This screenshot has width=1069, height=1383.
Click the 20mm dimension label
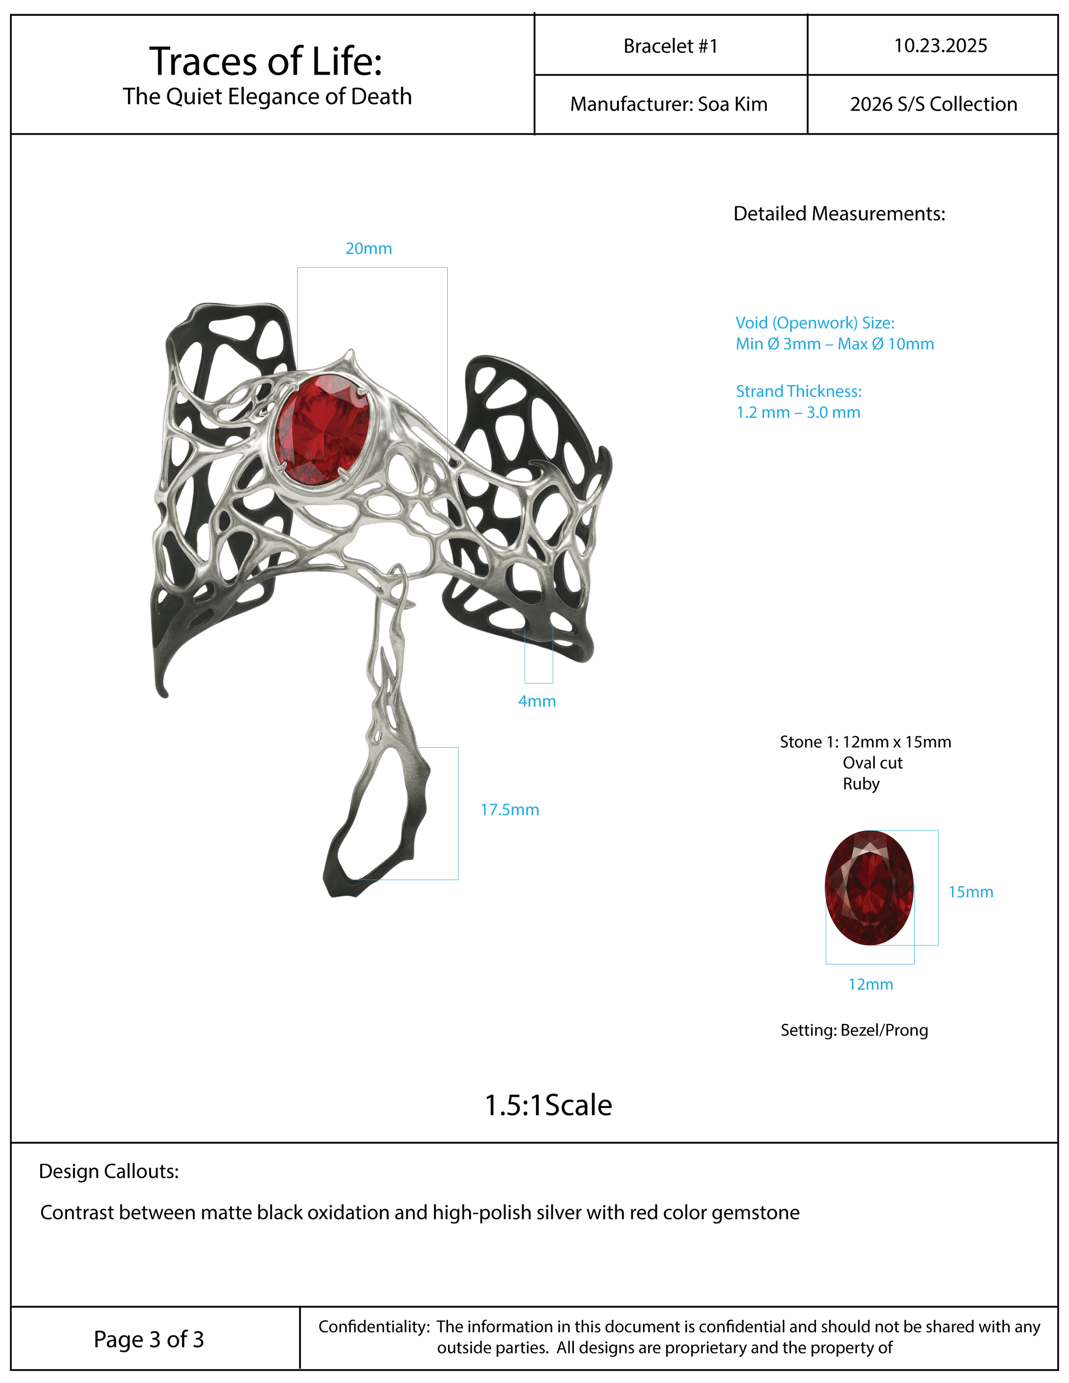[x=369, y=249]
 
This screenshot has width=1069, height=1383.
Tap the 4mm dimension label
[x=537, y=702]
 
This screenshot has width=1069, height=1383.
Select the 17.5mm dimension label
[x=510, y=810]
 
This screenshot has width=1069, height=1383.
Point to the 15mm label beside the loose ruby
[x=970, y=892]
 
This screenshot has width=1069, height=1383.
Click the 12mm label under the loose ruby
[x=871, y=985]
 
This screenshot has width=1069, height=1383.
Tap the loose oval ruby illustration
[x=869, y=888]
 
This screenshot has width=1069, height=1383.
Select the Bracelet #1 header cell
[x=670, y=46]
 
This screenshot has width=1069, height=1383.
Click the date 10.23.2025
[x=940, y=46]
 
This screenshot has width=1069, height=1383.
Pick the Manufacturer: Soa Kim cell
[x=669, y=104]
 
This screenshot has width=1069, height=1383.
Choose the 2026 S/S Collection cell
[x=933, y=104]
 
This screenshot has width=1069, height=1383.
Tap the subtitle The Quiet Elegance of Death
[x=267, y=97]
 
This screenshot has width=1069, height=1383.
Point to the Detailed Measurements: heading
[x=839, y=214]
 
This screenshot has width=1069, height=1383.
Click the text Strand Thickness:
[x=799, y=391]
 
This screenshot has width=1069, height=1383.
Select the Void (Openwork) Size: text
[x=815, y=323]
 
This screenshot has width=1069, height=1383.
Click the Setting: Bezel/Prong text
[x=854, y=1030]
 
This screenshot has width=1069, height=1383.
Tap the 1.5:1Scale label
[x=549, y=1106]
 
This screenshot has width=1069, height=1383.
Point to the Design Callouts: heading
[x=109, y=1171]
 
